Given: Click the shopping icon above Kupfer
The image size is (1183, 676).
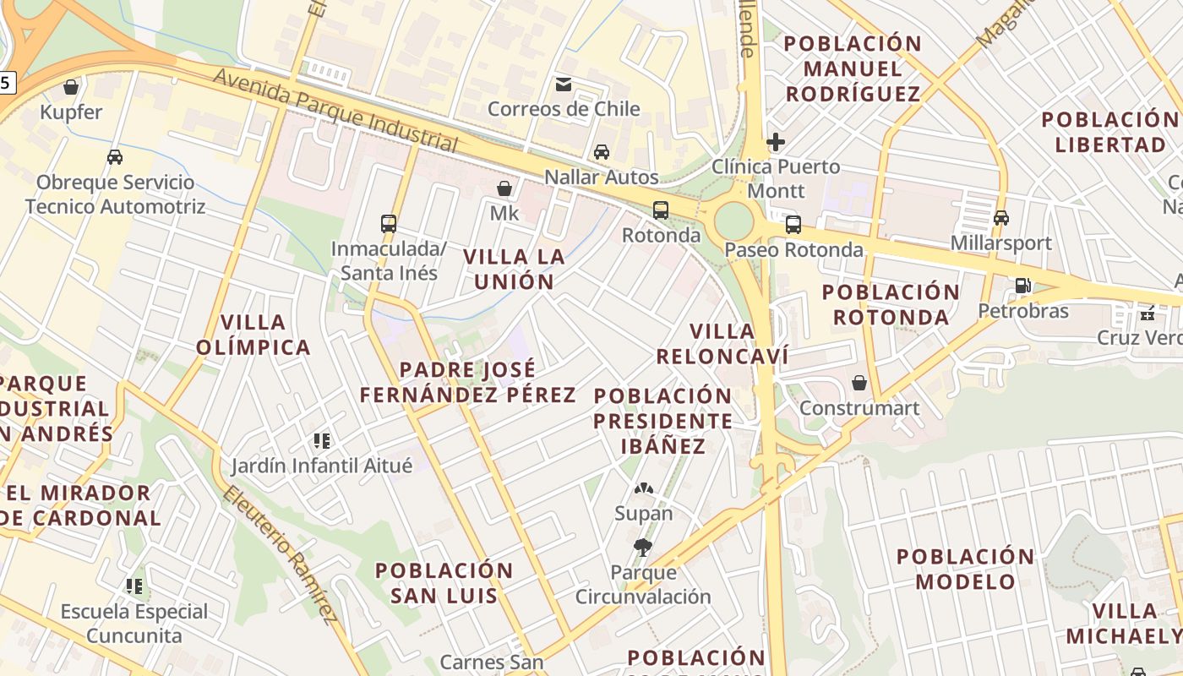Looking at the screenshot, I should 71,87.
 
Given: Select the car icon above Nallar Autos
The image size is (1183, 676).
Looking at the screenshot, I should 601,152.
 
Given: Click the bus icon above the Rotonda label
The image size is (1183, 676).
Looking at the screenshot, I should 661,210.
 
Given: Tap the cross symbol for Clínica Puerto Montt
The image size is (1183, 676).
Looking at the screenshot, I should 776,142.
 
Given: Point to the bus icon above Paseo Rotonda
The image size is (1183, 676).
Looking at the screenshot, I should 793,225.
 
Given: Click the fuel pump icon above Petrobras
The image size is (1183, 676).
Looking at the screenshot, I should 1022,286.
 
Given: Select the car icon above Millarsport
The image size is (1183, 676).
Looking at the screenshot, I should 1001,218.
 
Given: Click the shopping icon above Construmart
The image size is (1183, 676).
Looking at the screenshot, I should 859,383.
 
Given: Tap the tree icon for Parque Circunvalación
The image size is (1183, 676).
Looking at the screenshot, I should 643,548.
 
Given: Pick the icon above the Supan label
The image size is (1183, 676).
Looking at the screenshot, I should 644,488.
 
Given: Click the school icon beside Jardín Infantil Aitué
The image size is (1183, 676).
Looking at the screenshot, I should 321,440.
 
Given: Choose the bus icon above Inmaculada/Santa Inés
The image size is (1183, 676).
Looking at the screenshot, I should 389,224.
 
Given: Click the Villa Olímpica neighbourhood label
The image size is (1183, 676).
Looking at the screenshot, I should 253,335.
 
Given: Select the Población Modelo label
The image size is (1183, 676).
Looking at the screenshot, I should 965,569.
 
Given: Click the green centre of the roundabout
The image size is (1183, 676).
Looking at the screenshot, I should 733,221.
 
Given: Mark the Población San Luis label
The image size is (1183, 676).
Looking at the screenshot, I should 444,582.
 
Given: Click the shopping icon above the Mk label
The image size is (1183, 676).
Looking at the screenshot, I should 504,188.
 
